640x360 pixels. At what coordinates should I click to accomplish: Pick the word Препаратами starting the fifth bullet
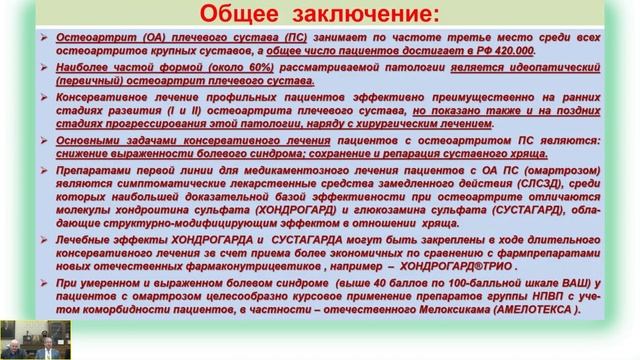pyautogui.click(x=75, y=169)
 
